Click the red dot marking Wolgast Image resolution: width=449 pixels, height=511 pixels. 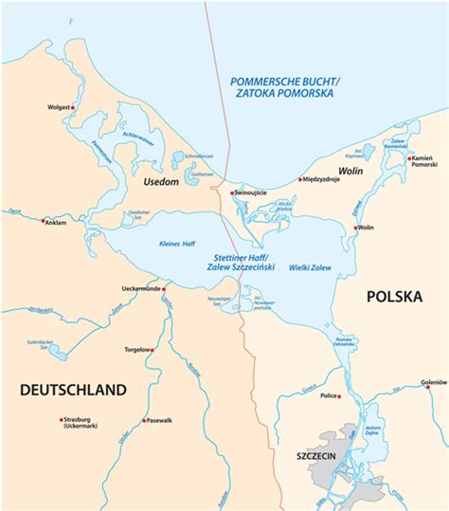pyautogui.click(x=73, y=107)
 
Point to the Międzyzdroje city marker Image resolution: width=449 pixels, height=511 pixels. pyautogui.click(x=300, y=178)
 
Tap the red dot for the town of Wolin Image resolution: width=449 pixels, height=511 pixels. pyautogui.click(x=356, y=228)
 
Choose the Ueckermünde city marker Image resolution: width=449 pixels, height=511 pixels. pyautogui.click(x=164, y=287)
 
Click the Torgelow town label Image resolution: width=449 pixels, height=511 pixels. pyautogui.click(x=136, y=349)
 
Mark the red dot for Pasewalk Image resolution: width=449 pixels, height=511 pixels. pyautogui.click(x=145, y=420)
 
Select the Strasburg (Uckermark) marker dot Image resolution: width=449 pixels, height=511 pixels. pyautogui.click(x=62, y=419)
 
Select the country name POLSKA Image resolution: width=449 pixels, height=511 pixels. pyautogui.click(x=393, y=297)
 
